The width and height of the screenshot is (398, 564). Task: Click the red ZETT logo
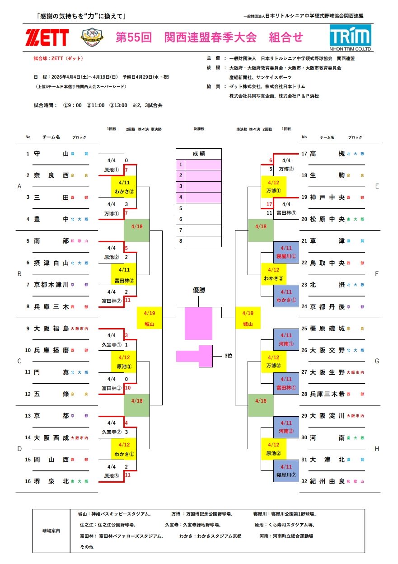(x=47, y=38)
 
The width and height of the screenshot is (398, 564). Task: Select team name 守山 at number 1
(x=51, y=154)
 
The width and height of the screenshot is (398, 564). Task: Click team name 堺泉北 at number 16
(x=51, y=481)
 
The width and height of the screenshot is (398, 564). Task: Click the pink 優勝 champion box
(x=198, y=323)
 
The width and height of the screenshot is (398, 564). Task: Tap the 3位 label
(x=229, y=356)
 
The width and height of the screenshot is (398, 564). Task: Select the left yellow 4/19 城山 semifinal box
(x=150, y=318)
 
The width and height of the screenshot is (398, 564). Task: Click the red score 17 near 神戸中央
(x=270, y=205)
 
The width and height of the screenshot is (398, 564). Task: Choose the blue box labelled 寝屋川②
(x=286, y=471)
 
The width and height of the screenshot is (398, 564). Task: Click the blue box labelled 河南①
(x=286, y=340)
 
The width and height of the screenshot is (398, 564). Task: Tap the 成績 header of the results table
(x=199, y=154)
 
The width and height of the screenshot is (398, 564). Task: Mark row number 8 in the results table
(x=180, y=241)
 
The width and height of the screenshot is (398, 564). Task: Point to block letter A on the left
(x=19, y=186)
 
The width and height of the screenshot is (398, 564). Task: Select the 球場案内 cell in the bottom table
(x=51, y=531)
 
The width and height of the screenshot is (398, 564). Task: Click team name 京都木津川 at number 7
(x=51, y=285)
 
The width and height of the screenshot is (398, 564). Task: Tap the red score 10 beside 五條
(x=128, y=388)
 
